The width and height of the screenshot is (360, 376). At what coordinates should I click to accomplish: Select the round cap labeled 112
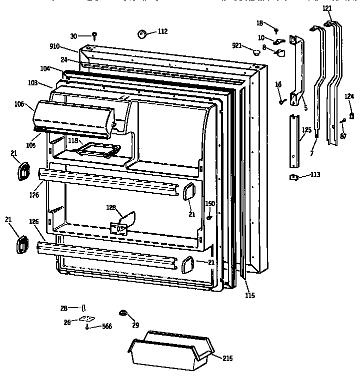pyautogui.click(x=141, y=33)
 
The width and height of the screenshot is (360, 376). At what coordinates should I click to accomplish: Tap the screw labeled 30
pyautogui.click(x=94, y=35)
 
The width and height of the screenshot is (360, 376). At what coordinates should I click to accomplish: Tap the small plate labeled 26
pyautogui.click(x=89, y=320)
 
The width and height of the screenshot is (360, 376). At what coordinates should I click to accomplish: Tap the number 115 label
pyautogui.click(x=250, y=296)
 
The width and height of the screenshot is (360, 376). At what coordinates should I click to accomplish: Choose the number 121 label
pyautogui.click(x=326, y=9)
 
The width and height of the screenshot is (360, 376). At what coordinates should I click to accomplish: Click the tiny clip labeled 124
pyautogui.click(x=351, y=116)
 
